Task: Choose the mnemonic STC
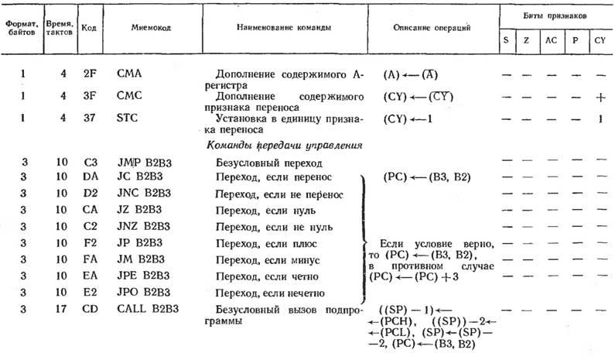(128, 118)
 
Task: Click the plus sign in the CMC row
(599, 98)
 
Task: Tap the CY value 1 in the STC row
(599, 118)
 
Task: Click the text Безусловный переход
(264, 163)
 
